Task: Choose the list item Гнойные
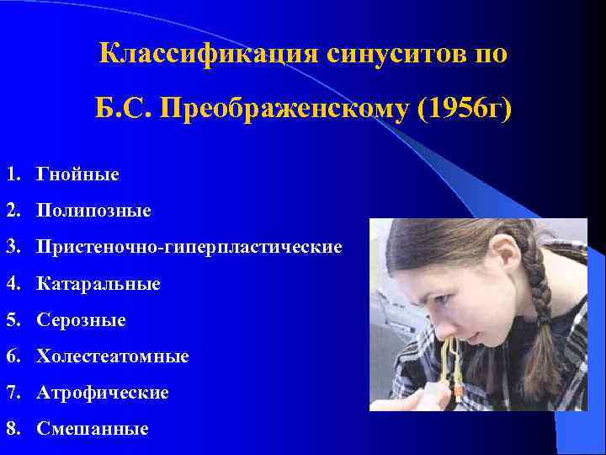77,175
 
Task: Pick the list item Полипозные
93,211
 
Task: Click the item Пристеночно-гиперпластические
189,248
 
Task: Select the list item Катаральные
98,284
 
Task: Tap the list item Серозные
81,320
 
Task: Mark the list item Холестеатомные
112,356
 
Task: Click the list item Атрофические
102,393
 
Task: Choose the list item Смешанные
92,429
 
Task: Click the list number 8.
11,429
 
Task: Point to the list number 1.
11,175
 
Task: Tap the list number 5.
11,320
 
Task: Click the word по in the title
491,53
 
